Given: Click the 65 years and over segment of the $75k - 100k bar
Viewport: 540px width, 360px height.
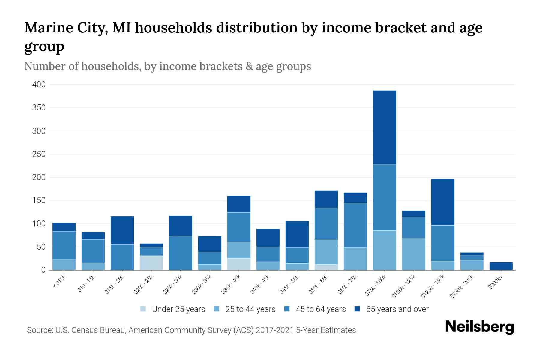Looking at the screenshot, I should [x=384, y=127].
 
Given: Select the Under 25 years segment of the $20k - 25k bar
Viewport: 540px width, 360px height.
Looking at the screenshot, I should [x=151, y=262].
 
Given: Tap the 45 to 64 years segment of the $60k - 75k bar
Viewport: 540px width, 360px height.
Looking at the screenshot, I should [x=355, y=225].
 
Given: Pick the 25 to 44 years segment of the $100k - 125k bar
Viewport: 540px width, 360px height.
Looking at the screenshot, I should [x=413, y=254].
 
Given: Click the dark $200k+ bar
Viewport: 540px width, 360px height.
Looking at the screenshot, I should [x=501, y=266].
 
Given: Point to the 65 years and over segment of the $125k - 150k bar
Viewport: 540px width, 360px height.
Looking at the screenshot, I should [x=442, y=202].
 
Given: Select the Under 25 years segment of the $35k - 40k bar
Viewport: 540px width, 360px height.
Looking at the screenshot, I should [x=239, y=264].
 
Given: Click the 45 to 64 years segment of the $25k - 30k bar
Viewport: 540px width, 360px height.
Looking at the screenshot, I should [x=181, y=253].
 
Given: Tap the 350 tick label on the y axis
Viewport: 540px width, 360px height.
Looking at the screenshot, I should [x=39, y=108].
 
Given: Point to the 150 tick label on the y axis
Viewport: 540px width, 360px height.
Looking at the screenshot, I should [x=39, y=200].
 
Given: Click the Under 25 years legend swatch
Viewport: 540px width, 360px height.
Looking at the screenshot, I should [x=143, y=309].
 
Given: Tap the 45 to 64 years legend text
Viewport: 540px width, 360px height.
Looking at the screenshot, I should [x=321, y=309].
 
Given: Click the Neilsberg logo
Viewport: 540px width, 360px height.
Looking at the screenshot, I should [x=479, y=327].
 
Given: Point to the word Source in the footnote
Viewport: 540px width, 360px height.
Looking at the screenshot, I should [x=39, y=330].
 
